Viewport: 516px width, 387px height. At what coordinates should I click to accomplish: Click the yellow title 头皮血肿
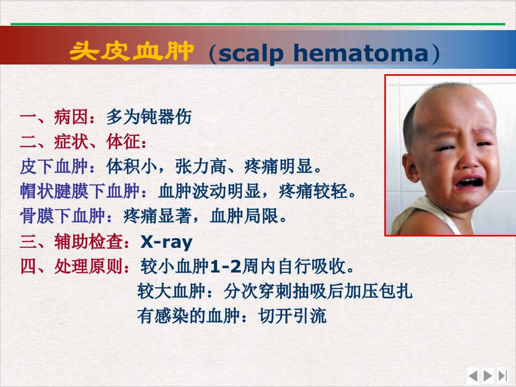[x=131, y=51]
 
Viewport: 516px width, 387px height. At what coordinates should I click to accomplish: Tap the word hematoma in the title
[x=361, y=53]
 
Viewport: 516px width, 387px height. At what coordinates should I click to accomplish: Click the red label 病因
[x=71, y=117]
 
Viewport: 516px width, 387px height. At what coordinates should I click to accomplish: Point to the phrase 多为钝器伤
[x=149, y=117]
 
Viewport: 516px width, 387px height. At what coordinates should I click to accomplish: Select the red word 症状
[x=71, y=142]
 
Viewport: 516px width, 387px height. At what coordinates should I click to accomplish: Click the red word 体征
[x=123, y=142]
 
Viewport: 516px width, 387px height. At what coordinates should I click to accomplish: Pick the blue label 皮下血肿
[x=54, y=166]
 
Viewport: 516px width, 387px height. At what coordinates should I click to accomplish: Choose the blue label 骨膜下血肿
[x=62, y=216]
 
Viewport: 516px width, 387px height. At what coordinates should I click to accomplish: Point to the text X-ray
[x=167, y=242]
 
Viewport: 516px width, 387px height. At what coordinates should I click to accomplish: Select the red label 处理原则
[x=89, y=266]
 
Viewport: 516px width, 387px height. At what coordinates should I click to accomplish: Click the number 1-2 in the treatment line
[x=226, y=266]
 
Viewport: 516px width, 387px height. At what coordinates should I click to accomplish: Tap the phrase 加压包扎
[x=378, y=291]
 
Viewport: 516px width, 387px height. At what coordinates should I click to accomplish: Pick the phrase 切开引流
[x=292, y=316]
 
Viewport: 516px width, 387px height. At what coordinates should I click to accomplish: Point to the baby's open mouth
[x=469, y=183]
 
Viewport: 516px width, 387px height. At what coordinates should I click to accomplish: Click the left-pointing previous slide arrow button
[x=473, y=376]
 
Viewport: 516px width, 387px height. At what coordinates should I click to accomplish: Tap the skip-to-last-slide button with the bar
[x=503, y=376]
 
